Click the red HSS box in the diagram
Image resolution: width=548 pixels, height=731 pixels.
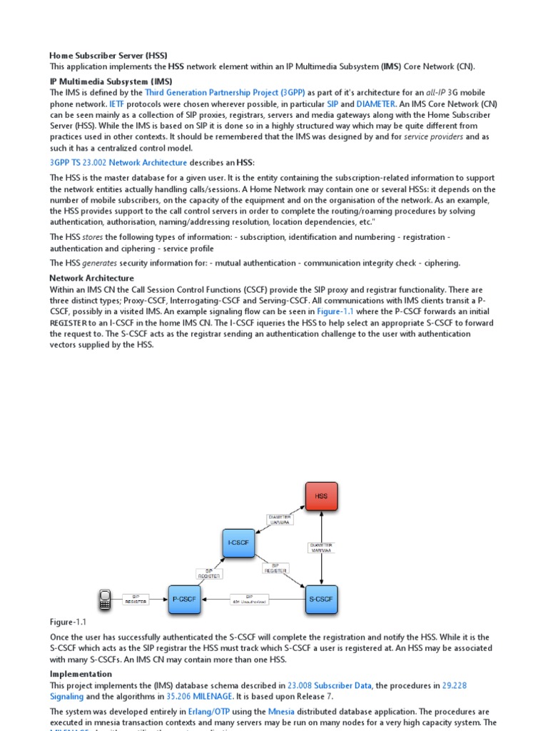321,496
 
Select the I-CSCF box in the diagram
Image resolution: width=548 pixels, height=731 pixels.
238,543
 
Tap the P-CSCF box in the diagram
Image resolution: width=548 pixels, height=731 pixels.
185,600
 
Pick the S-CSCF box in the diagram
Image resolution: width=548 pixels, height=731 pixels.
321,600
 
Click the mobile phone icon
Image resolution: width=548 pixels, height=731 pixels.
105,600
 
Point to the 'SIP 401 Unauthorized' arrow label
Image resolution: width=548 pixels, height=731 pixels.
249,600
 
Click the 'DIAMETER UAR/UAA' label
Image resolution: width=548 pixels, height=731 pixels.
280,519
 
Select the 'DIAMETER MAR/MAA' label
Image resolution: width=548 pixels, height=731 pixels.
321,548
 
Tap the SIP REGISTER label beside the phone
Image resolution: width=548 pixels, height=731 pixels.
136,600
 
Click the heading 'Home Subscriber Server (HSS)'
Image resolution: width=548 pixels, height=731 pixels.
108,56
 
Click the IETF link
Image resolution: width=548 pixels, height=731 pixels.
116,104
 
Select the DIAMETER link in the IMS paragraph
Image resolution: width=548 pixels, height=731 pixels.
375,104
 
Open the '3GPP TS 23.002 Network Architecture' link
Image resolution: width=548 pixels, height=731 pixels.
118,163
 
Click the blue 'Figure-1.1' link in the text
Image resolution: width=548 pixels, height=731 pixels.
335,312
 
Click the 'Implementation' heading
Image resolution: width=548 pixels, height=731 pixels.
81,674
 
